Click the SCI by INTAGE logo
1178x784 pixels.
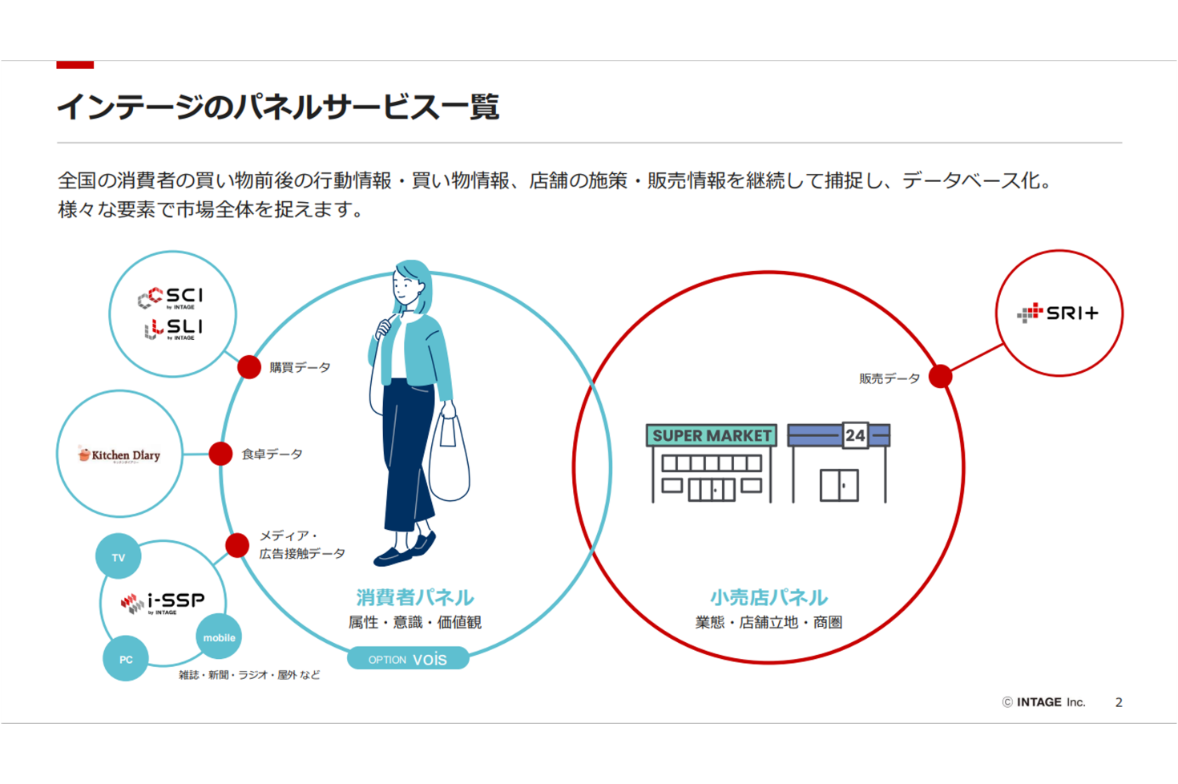pos(171,297)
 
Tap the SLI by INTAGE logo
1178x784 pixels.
pos(173,329)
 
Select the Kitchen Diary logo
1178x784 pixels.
pos(119,455)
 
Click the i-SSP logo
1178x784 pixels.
pos(163,602)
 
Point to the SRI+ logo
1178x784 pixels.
pos(1058,313)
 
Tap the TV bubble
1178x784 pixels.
pos(119,557)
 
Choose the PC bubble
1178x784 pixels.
pos(126,659)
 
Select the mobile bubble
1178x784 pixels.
pos(219,637)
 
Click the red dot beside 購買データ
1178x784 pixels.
pos(249,367)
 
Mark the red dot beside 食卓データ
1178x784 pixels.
pos(220,454)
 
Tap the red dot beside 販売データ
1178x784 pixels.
pos(940,376)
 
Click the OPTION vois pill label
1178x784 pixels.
pos(408,659)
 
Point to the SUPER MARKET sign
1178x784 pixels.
pos(712,435)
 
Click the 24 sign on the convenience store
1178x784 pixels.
pos(855,435)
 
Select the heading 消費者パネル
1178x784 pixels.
pos(414,597)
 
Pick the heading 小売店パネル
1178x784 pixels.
pos(769,597)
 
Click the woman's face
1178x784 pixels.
pos(408,289)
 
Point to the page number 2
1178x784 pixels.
pos(1119,702)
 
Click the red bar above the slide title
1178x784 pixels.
pos(75,65)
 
